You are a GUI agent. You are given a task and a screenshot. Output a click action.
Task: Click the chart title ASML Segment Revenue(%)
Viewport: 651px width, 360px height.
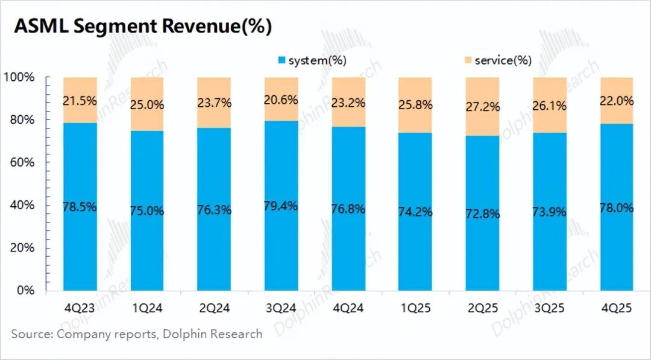143,26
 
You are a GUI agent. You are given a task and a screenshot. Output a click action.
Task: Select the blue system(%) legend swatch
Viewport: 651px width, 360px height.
281,60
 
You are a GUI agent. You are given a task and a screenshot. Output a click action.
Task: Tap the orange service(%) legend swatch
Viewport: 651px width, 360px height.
468,60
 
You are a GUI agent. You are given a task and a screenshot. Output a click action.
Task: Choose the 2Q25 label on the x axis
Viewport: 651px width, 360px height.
482,308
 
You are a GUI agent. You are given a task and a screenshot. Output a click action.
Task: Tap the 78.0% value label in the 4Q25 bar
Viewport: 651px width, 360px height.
616,208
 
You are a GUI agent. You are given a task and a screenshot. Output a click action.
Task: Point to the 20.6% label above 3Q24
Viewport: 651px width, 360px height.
281,101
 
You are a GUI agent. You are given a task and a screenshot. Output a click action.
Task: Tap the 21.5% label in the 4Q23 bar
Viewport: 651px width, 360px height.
80,101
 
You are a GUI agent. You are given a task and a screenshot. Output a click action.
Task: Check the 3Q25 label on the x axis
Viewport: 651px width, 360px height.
549,308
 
